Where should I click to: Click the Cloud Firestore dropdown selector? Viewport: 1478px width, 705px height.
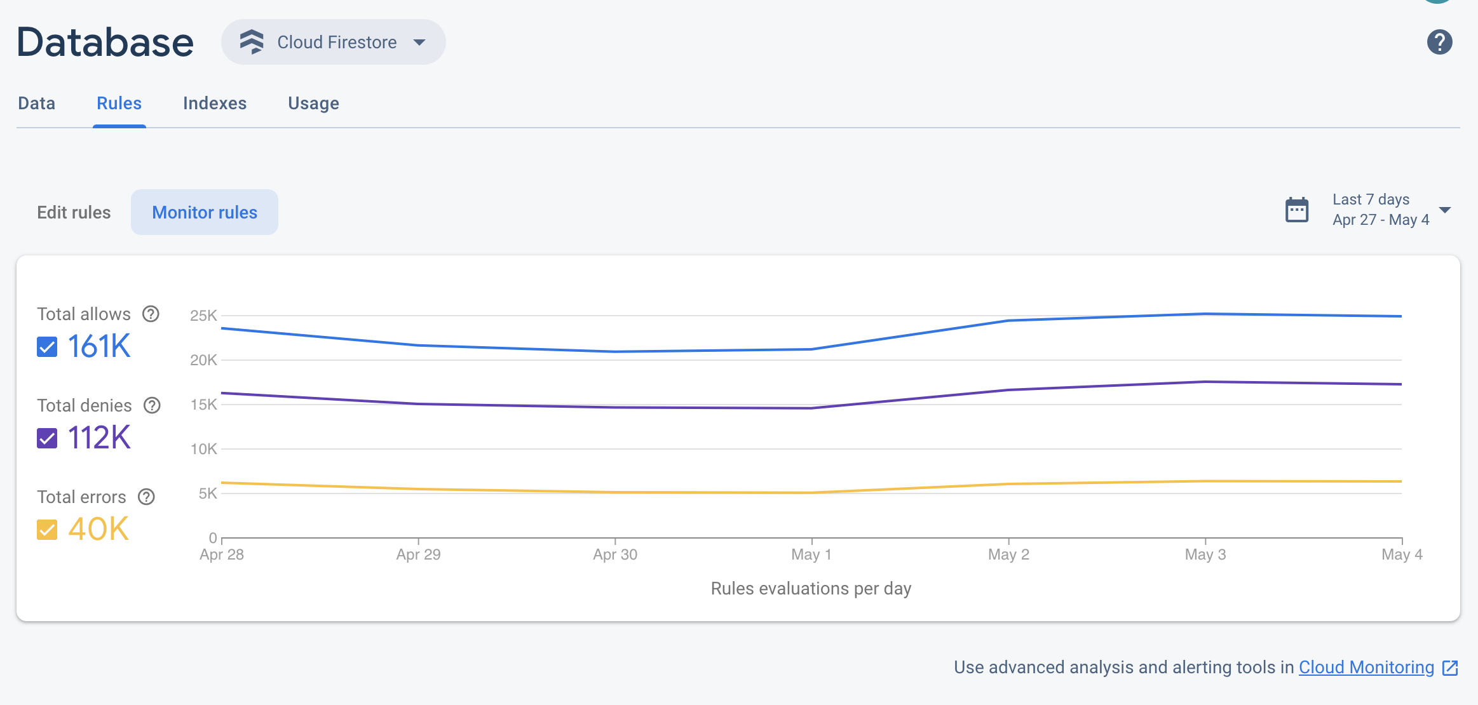(x=333, y=42)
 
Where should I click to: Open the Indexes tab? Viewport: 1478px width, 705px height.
(x=215, y=103)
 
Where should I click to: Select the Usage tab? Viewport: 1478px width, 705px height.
(x=313, y=103)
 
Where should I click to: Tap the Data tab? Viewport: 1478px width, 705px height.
(x=37, y=103)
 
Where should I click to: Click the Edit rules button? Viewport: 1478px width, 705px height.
(x=74, y=212)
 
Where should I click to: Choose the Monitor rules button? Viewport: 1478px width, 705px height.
(x=205, y=212)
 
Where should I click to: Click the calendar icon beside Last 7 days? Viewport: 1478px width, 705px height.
(x=1297, y=210)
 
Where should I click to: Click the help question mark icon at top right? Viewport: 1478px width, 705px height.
(x=1439, y=42)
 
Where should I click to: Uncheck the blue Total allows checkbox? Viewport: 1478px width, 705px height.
(x=47, y=347)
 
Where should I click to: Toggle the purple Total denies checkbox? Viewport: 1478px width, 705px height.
(x=47, y=438)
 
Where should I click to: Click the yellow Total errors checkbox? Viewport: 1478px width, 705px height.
(x=47, y=530)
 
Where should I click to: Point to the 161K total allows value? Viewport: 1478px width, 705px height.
(x=99, y=347)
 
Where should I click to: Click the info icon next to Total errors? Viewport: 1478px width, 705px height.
(x=147, y=497)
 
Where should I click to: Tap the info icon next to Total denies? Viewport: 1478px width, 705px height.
(x=152, y=405)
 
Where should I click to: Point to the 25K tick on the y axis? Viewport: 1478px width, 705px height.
(x=203, y=316)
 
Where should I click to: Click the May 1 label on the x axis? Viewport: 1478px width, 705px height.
(x=811, y=554)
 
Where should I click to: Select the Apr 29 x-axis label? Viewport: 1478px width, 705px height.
(x=418, y=554)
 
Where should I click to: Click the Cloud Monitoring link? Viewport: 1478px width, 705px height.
(x=1366, y=667)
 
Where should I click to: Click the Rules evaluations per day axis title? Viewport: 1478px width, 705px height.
(x=811, y=588)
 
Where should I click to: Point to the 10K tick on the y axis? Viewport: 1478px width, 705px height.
(x=203, y=449)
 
